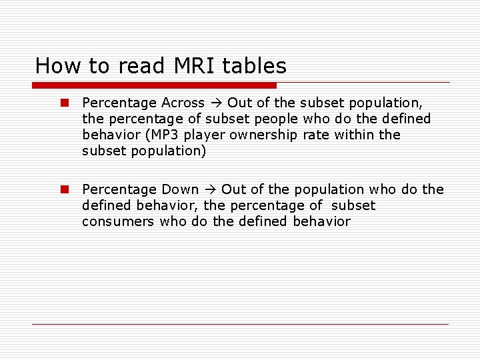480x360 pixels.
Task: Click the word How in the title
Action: (53, 65)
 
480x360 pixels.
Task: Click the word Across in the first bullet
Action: (183, 103)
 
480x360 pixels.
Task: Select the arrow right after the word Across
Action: (217, 103)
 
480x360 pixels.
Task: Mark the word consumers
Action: (118, 221)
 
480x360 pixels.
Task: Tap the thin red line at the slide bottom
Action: (240, 324)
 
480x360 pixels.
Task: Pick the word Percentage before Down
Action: (119, 189)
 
